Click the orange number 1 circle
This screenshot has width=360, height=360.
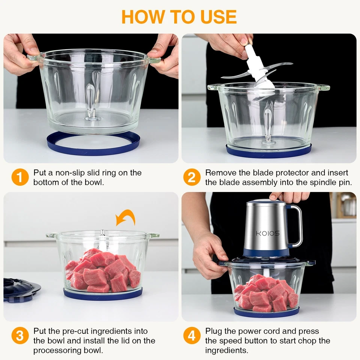[20, 177]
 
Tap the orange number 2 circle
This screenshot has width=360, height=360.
[192, 177]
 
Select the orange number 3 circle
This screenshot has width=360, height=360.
[20, 336]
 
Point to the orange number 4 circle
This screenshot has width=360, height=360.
[192, 336]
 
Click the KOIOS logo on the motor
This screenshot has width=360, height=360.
[267, 233]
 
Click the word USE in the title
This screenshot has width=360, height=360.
[216, 17]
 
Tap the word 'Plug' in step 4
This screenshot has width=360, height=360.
[213, 331]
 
